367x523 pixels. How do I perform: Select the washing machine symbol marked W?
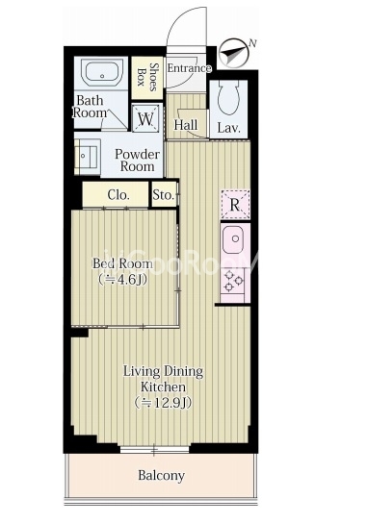click(145, 118)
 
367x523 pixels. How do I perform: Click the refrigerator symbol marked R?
click(235, 205)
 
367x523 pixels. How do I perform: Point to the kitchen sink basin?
click(235, 239)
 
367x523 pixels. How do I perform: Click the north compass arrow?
click(234, 54)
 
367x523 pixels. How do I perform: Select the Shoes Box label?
click(146, 77)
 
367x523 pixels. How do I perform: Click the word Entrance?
click(189, 68)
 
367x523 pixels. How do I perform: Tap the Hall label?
click(186, 125)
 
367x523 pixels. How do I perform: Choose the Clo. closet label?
click(118, 195)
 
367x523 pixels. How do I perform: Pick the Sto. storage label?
click(164, 195)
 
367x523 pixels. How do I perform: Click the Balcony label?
click(162, 475)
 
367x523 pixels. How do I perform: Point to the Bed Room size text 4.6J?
click(123, 280)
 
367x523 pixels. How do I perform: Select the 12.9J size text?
click(163, 403)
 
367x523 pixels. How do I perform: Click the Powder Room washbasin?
click(87, 156)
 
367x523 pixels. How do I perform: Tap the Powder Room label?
click(138, 161)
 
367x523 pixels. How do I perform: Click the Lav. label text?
click(228, 128)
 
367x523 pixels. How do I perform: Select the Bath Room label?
click(90, 107)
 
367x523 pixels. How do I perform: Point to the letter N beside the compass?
click(252, 43)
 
